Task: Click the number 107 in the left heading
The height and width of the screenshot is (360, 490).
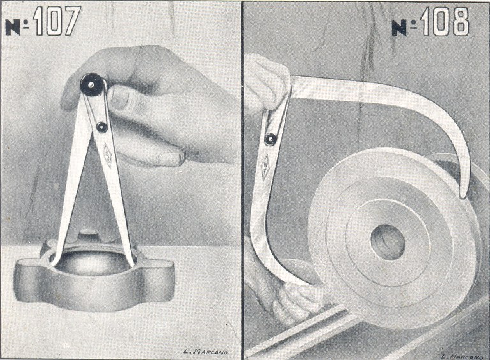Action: pos(57,22)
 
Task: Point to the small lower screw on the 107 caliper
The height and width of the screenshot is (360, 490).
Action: pos(101,127)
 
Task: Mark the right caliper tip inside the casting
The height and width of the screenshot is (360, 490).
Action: pos(132,260)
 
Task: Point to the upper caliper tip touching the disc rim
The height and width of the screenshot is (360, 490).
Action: pos(464,188)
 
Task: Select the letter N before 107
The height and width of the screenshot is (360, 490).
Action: pos(13,27)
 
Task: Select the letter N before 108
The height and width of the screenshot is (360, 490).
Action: pos(399,27)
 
